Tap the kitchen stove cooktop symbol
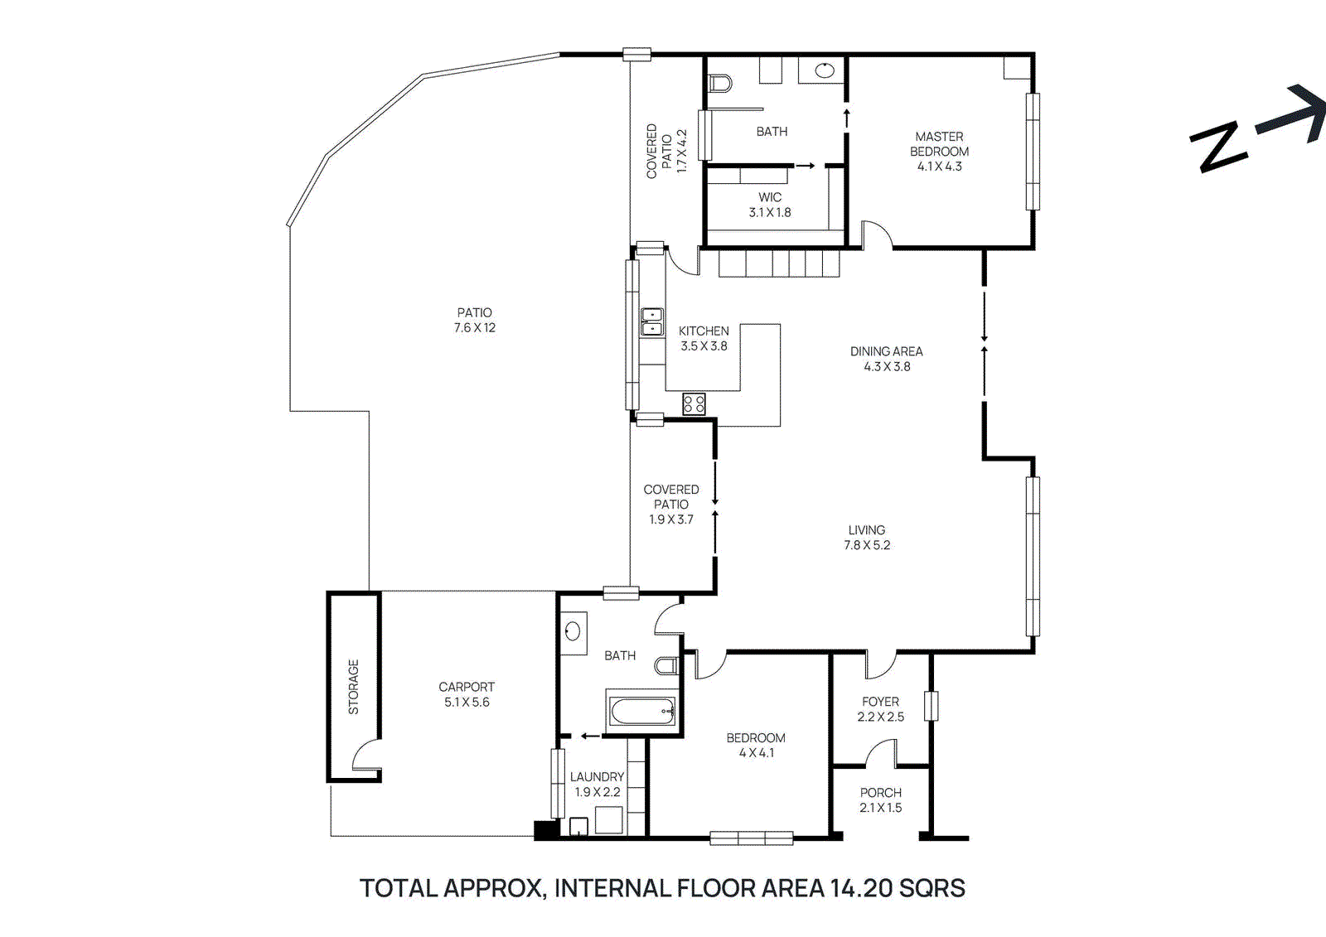(x=694, y=404)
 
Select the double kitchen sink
(x=653, y=321)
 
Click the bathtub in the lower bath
(x=642, y=712)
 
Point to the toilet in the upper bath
(x=720, y=83)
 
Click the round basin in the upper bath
(x=824, y=70)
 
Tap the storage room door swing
(x=365, y=757)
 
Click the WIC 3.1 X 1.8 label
(x=770, y=205)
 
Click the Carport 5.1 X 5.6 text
(x=467, y=694)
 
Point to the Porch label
(x=880, y=793)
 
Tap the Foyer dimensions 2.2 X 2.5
(x=880, y=717)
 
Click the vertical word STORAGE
(x=354, y=687)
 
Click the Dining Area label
(x=886, y=351)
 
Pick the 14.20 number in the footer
(x=861, y=888)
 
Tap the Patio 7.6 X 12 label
(x=474, y=320)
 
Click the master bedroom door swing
(x=877, y=234)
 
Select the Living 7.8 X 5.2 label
(x=867, y=537)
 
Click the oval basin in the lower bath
(x=573, y=632)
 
